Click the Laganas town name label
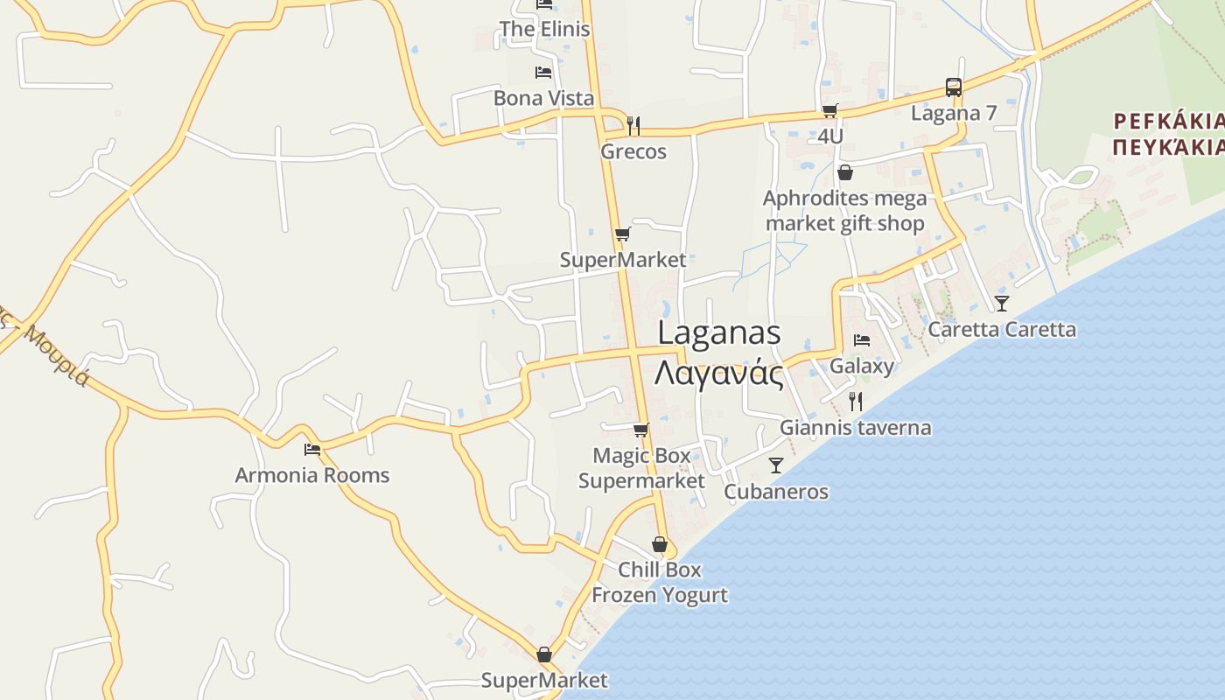[718, 333]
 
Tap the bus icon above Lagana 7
[954, 87]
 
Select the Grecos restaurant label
[633, 151]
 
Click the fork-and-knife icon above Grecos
[633, 126]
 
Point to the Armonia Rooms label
[312, 475]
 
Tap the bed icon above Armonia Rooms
[312, 450]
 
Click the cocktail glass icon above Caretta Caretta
[1002, 304]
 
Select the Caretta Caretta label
[1002, 330]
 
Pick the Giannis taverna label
[855, 428]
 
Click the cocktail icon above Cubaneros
[776, 465]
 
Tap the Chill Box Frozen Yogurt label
[660, 582]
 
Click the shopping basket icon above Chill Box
[660, 544]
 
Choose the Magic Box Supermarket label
[641, 468]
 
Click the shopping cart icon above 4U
[829, 110]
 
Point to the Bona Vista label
[543, 98]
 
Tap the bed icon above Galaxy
[862, 339]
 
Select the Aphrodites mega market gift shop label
[844, 211]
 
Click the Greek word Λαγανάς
[718, 374]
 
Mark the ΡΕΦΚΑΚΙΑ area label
[1167, 121]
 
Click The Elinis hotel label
[544, 29]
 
